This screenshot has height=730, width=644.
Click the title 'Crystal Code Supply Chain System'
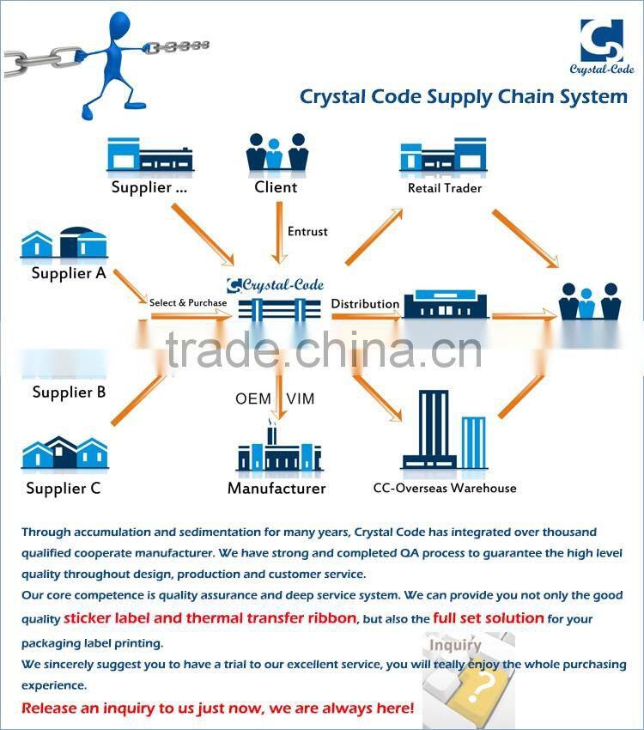pyautogui.click(x=463, y=96)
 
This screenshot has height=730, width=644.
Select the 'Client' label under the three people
pyautogui.click(x=276, y=186)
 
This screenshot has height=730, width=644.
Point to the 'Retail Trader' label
pyautogui.click(x=444, y=188)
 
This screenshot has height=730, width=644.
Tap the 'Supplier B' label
pyautogui.click(x=69, y=392)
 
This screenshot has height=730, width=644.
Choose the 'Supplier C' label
pyautogui.click(x=64, y=488)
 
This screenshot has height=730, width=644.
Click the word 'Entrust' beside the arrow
pyautogui.click(x=307, y=232)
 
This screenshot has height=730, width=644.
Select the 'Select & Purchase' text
pyautogui.click(x=188, y=302)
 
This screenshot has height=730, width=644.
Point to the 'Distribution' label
pyautogui.click(x=365, y=303)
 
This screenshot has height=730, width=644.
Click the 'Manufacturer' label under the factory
pyautogui.click(x=276, y=488)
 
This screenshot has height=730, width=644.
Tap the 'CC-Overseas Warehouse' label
pyautogui.click(x=445, y=488)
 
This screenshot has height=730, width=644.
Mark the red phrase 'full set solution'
pyautogui.click(x=488, y=617)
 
